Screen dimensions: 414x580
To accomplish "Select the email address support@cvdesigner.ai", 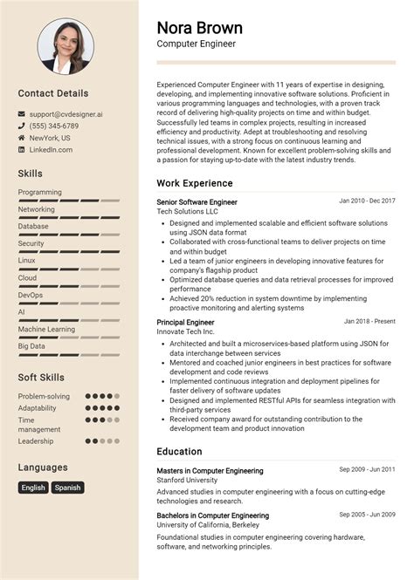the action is click(x=66, y=113).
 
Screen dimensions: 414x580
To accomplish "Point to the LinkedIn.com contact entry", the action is click(x=51, y=150).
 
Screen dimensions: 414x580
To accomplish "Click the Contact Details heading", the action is click(x=53, y=93).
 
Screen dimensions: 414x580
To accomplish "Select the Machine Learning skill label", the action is click(x=46, y=329).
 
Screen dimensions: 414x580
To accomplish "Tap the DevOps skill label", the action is click(x=31, y=295).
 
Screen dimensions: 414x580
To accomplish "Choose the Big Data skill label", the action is click(x=31, y=346).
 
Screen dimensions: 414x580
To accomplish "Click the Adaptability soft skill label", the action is click(x=38, y=408).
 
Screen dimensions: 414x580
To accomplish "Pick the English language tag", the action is click(x=33, y=488).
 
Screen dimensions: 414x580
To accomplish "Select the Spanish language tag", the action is click(x=67, y=488).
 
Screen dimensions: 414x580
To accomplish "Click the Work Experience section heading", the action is click(x=195, y=183).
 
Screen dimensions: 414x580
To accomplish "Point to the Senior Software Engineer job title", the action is click(x=197, y=202).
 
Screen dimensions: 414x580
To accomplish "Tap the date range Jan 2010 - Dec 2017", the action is click(x=367, y=201).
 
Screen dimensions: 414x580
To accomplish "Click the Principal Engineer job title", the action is click(x=185, y=323).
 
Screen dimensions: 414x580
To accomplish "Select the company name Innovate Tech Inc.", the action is click(x=185, y=332).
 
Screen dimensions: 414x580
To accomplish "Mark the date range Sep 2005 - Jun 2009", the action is click(x=367, y=515).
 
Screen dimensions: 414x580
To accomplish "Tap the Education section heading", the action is click(x=179, y=452).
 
